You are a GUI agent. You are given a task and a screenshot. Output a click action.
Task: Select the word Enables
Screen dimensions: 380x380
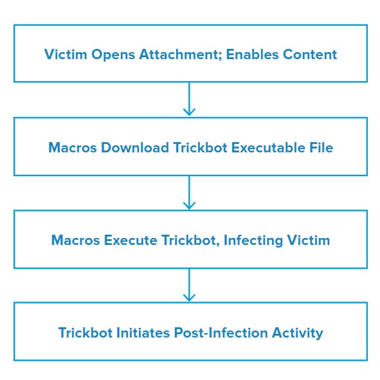pos(252,54)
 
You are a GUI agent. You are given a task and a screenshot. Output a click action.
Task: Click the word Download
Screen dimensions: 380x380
pos(135,147)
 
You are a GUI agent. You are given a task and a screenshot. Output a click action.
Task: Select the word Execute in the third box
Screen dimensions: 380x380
pos(131,240)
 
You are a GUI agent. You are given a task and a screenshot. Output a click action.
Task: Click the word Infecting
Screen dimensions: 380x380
pos(253,240)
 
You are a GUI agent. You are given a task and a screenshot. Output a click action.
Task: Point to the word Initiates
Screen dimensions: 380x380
pos(143,332)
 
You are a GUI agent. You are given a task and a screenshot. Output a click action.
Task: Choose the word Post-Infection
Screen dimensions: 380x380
pos(221,332)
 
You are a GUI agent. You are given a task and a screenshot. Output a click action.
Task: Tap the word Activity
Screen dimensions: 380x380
pos(297,333)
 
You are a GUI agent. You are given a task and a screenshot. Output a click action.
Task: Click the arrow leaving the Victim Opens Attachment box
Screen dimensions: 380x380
pos(189,99)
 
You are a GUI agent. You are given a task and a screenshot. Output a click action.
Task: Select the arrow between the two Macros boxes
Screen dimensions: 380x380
pos(189,192)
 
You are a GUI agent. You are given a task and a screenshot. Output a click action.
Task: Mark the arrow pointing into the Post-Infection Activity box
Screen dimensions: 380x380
pos(189,285)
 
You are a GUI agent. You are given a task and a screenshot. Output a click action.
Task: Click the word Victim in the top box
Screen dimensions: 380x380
pos(66,54)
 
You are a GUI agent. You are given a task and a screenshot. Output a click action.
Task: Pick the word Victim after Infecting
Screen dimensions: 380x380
pos(309,240)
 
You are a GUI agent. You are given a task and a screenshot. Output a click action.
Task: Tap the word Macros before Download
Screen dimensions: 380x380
pos(73,147)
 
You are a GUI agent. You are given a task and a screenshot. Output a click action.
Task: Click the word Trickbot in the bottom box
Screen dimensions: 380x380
pos(85,332)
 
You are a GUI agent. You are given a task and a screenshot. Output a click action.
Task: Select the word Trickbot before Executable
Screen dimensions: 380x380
pos(200,147)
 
